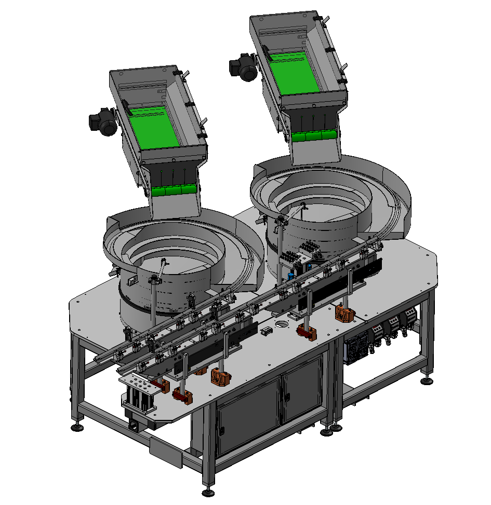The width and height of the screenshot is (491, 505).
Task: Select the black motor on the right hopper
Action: click(x=245, y=66)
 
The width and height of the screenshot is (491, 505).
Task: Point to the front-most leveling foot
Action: click(x=209, y=491)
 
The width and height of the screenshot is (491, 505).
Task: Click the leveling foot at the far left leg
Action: click(x=77, y=427)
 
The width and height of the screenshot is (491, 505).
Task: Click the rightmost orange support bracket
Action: click(x=343, y=315)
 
